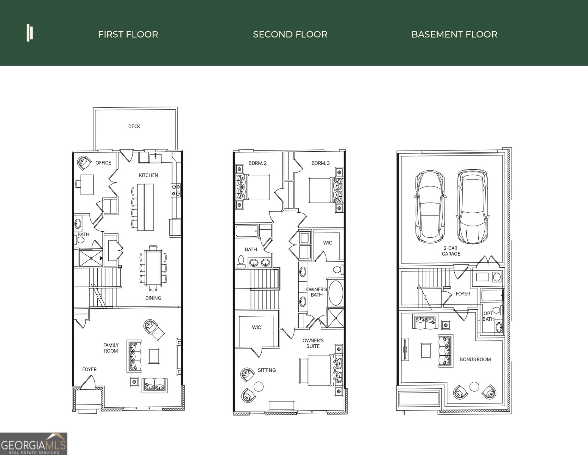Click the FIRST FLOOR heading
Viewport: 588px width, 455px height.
128,35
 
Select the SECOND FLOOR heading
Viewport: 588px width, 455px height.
290,35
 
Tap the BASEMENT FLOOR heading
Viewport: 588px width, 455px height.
454,35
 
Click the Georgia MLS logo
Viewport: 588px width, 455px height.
33,444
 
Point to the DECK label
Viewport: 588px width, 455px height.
134,127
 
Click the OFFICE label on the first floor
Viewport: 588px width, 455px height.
103,163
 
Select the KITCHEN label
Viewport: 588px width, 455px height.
148,175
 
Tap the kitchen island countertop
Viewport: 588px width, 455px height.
145,207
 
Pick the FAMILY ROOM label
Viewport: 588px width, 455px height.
111,348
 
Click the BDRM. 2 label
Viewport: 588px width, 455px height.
257,163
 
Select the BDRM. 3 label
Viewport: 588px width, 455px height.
320,163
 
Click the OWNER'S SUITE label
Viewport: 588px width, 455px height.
313,343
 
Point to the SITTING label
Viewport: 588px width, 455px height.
267,370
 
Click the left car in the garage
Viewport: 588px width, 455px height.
430,207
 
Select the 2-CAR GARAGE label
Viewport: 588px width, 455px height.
451,251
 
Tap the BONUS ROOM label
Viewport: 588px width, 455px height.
475,359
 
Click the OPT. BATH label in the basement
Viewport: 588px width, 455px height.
488,316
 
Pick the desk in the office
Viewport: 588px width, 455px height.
87,184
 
